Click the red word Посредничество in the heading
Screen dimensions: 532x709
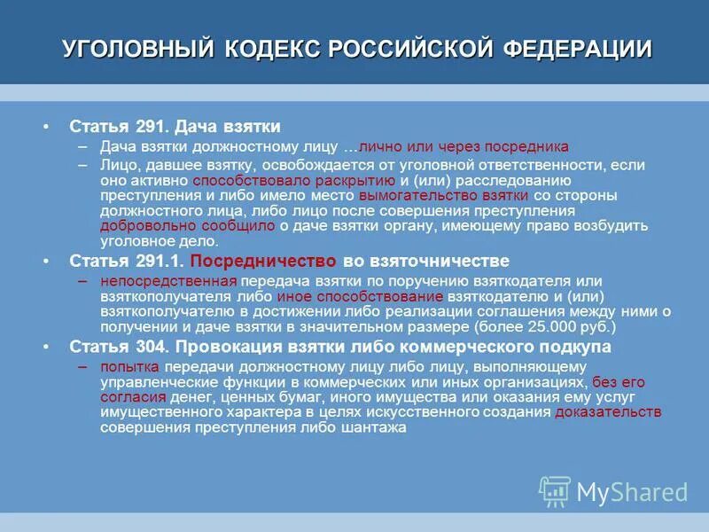(263, 262)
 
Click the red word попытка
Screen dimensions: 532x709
(130, 366)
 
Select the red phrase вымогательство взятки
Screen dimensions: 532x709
(444, 194)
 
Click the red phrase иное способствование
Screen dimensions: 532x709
(360, 296)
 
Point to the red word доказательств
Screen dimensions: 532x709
(609, 411)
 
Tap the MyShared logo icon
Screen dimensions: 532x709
(556, 491)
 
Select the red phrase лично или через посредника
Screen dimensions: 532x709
(464, 146)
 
